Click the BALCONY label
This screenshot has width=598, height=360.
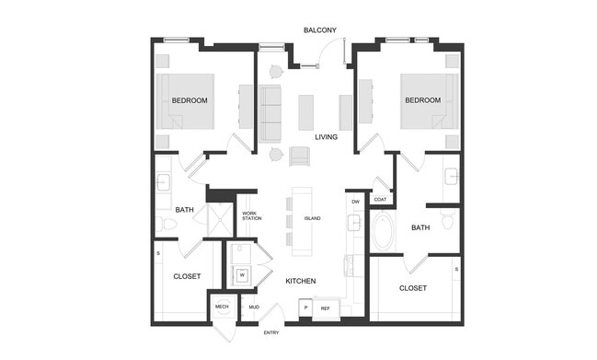[x=320, y=30]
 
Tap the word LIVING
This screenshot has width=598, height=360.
[x=326, y=137]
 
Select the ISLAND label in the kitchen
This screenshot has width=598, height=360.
[x=312, y=218]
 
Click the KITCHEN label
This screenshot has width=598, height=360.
[x=301, y=281]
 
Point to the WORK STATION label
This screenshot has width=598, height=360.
[x=252, y=216]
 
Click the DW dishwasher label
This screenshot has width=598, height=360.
[x=355, y=201]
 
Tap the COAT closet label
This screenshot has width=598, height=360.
[x=380, y=199]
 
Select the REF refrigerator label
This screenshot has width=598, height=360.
[x=326, y=308]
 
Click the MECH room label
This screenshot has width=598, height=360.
[x=222, y=307]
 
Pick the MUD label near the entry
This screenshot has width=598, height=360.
[x=253, y=307]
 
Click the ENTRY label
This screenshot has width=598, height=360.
[x=271, y=332]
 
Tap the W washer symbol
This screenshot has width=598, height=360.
[x=242, y=274]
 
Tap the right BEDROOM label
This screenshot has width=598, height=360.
[x=423, y=99]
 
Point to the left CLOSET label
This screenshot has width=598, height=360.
[x=187, y=275]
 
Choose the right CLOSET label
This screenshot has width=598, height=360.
[x=413, y=288]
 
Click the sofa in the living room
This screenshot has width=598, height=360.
[x=270, y=113]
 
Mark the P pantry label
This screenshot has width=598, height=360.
[x=305, y=308]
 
